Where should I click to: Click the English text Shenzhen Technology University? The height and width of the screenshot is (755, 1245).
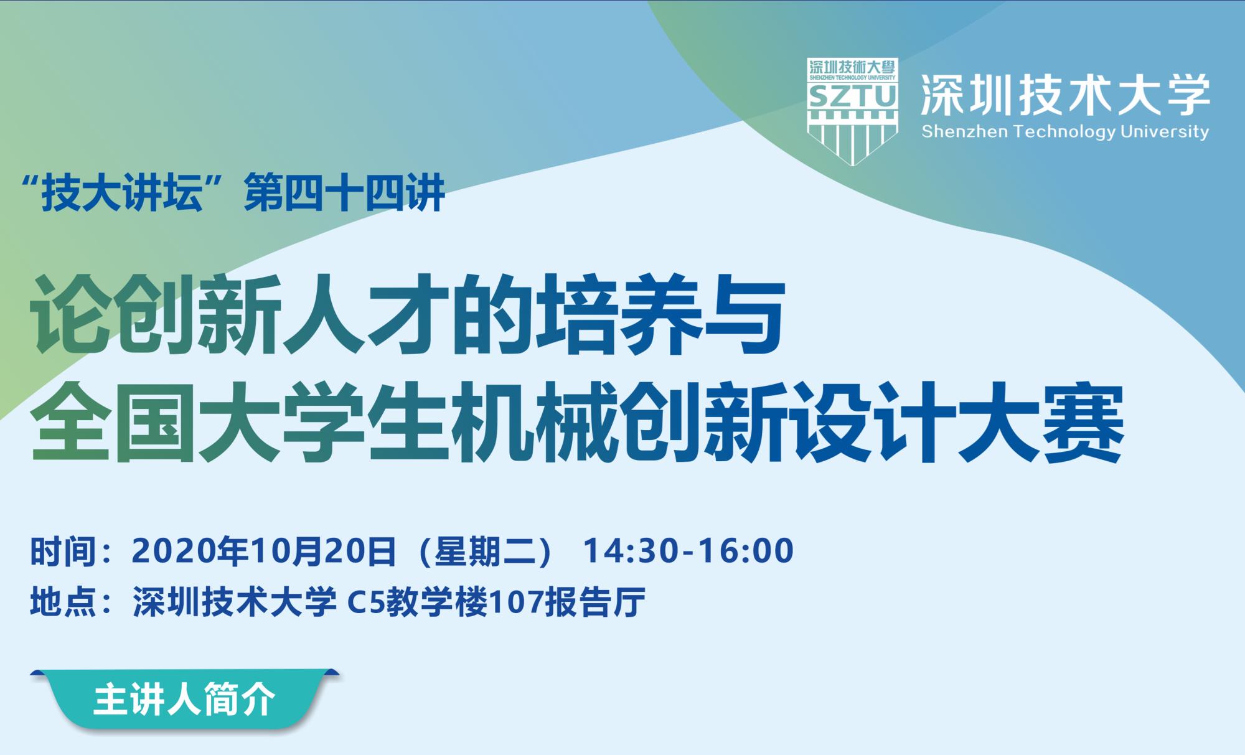coord(1065,132)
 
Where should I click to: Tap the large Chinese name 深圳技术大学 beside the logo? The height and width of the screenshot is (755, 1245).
coord(1065,95)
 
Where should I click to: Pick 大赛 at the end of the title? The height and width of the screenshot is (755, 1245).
coord(1042,422)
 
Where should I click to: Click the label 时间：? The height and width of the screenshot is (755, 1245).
coord(72,551)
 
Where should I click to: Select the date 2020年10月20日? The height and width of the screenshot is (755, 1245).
coord(264,551)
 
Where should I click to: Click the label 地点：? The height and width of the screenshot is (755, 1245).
coord(72,602)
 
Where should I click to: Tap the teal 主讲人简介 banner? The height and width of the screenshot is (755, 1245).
coord(185,700)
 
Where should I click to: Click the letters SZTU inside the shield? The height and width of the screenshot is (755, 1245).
coord(852,96)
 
